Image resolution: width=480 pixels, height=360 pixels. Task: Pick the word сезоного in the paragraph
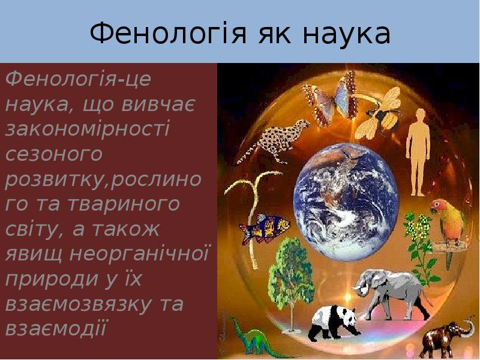pos(54,154)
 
